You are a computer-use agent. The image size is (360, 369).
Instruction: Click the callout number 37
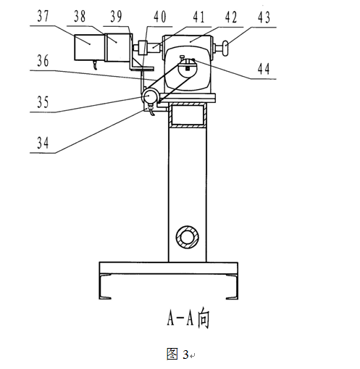pos(43,16)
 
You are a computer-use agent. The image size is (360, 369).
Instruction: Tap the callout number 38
pos(80,16)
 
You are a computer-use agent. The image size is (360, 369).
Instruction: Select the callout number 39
pos(116,16)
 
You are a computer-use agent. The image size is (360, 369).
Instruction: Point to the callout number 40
pos(160,17)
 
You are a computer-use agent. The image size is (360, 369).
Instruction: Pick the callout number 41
pos(198,17)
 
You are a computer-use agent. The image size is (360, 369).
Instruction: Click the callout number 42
pos(231,17)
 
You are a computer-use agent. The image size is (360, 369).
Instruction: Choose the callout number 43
pos(264,17)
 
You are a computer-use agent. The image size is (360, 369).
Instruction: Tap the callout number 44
pos(264,69)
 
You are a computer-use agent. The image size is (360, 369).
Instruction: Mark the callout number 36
pos(43,60)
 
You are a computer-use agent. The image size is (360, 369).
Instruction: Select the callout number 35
pos(43,102)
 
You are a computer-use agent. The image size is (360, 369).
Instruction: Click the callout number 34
pos(43,143)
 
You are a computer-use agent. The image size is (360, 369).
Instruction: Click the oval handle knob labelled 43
pos(225,49)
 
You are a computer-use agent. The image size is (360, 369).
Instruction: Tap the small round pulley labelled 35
pos(149,96)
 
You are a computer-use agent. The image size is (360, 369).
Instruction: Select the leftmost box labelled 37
pos(89,47)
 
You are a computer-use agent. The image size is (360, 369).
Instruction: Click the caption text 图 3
pos(177,355)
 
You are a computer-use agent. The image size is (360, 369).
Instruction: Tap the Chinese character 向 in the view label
pos(204,318)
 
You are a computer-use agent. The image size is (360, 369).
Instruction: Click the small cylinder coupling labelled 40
pos(143,47)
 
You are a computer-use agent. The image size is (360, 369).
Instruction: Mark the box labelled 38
pos(117,48)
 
